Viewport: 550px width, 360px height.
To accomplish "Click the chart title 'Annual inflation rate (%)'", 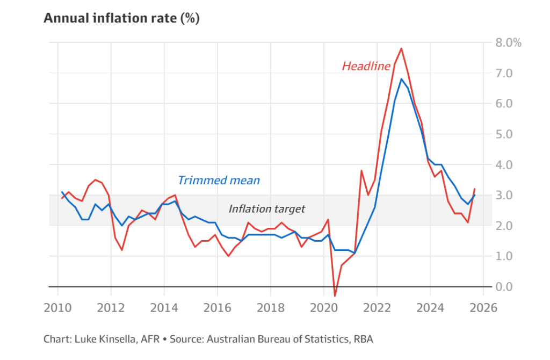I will (x=121, y=18).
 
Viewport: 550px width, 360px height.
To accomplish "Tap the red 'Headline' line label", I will (x=366, y=66).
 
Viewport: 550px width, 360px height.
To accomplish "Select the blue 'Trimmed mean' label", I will (x=219, y=180).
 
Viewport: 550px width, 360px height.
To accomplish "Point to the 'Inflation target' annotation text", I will (x=267, y=208).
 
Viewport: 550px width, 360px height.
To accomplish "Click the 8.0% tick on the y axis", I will (x=508, y=42).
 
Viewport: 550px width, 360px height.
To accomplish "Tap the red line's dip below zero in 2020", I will (x=335, y=296).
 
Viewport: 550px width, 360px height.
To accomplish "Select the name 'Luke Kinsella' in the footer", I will (x=98, y=339).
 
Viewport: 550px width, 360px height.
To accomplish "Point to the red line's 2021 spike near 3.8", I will (x=361, y=171).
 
